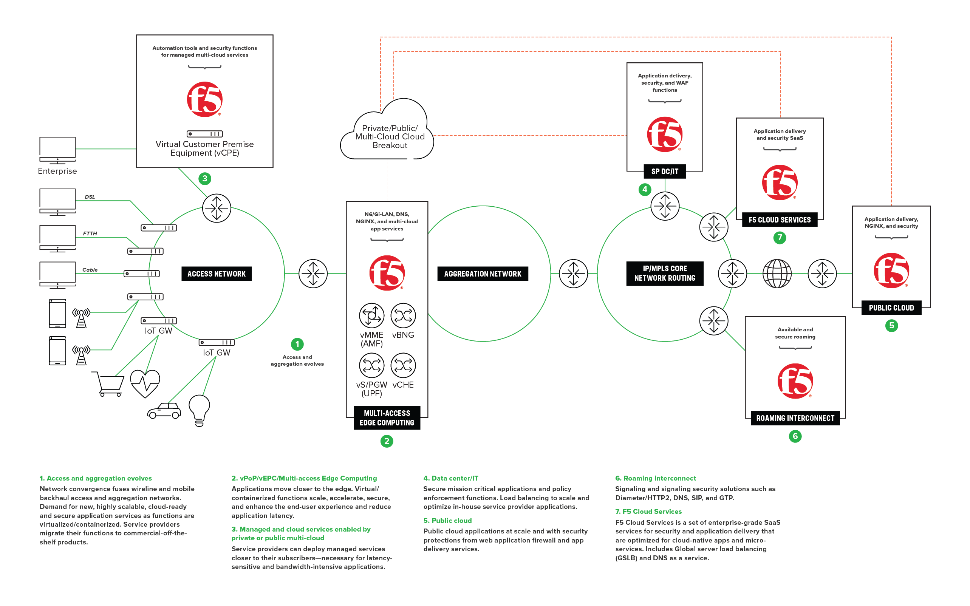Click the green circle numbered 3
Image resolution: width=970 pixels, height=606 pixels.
(205, 178)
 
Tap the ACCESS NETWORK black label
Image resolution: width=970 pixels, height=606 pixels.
(217, 274)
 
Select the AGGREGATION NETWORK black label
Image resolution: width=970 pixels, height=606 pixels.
(483, 274)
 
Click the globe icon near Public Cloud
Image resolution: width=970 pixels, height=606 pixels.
(777, 274)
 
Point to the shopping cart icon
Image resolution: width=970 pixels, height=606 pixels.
(108, 384)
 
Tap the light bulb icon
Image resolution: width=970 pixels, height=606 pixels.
(199, 410)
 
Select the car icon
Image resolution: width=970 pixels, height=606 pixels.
(164, 411)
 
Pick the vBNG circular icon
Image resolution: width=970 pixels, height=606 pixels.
(403, 315)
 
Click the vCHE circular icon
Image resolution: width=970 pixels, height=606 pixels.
(403, 365)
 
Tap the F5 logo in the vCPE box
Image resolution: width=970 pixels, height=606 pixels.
(205, 99)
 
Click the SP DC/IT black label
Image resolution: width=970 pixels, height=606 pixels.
(665, 172)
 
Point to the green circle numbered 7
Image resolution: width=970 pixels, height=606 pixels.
(780, 238)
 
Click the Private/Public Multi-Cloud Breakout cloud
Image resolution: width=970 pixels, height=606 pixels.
(387, 130)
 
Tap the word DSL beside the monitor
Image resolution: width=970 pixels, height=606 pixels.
(90, 197)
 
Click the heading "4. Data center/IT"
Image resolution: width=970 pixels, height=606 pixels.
(450, 478)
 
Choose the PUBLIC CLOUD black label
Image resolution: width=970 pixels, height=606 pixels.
(891, 308)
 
